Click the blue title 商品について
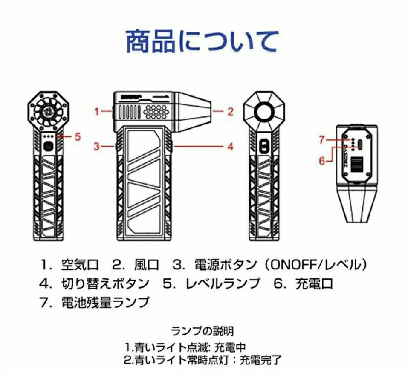pyautogui.click(x=202, y=41)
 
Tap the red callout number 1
pyautogui.click(x=97, y=112)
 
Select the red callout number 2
pyautogui.click(x=230, y=111)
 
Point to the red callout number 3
pyautogui.click(x=97, y=147)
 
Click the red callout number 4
pyautogui.click(x=230, y=147)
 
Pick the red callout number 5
pyautogui.click(x=78, y=137)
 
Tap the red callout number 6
pyautogui.click(x=322, y=161)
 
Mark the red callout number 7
pyautogui.click(x=321, y=140)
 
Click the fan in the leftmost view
pyautogui.click(x=49, y=112)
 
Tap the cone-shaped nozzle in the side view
pyautogui.click(x=193, y=111)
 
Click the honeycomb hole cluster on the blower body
pyautogui.click(x=156, y=112)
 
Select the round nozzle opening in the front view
pyautogui.click(x=264, y=112)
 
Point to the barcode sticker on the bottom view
pyautogui.click(x=358, y=164)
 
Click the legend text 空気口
pyautogui.click(x=80, y=265)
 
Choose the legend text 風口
pyautogui.click(x=147, y=265)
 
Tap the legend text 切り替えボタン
pyautogui.click(x=105, y=283)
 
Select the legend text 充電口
pyautogui.click(x=314, y=283)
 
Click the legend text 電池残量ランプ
pyautogui.click(x=105, y=302)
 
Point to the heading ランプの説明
pyautogui.click(x=202, y=331)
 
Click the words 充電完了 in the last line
pyautogui.click(x=260, y=360)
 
